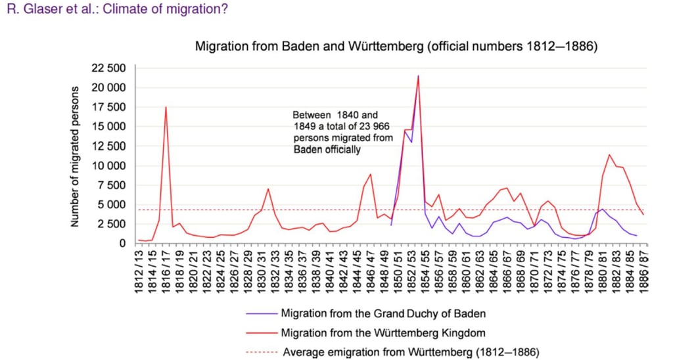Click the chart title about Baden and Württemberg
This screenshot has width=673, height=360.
coord(396,47)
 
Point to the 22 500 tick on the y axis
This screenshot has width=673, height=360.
coord(108,68)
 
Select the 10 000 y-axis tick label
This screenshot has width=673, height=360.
coord(108,166)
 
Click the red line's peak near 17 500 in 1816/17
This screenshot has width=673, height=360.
coord(166,107)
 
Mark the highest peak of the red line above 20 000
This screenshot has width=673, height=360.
coord(418,76)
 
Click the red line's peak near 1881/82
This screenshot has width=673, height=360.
coord(609,154)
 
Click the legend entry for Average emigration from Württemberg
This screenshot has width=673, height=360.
coord(411,352)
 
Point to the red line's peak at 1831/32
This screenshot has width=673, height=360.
coord(268,189)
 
